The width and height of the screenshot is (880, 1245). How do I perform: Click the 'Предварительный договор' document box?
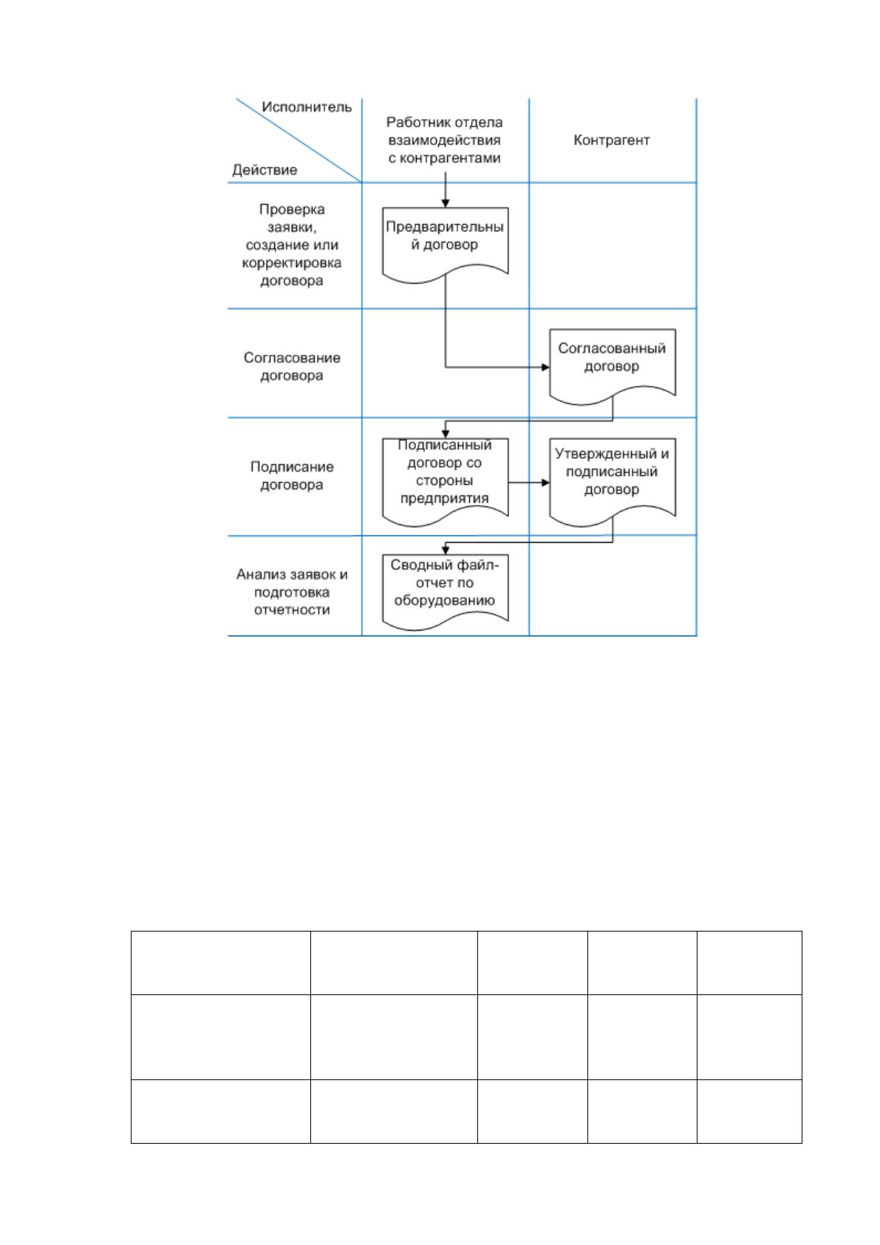click(445, 245)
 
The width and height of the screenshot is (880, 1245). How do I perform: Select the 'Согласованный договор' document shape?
click(613, 366)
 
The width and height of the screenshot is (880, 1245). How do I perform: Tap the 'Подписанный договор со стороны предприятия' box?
click(445, 482)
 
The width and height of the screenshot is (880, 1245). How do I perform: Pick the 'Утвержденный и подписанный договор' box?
click(613, 482)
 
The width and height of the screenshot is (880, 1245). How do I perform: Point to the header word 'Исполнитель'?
click(307, 106)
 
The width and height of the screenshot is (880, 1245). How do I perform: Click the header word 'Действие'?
click(265, 169)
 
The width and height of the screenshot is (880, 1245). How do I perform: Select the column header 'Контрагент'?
click(611, 140)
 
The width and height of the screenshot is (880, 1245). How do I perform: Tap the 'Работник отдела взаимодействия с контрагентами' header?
click(445, 140)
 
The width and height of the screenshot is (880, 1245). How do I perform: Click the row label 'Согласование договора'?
click(292, 366)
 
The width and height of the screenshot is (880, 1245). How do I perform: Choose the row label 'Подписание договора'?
click(292, 475)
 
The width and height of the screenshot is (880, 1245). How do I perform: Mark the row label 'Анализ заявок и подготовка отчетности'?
click(292, 591)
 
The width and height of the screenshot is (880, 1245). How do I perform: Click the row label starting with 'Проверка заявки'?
click(292, 245)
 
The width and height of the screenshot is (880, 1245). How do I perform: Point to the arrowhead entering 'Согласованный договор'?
click(545, 367)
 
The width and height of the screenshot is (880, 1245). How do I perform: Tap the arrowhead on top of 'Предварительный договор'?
click(445, 203)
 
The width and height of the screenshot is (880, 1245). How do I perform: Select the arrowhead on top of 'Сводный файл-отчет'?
click(445, 550)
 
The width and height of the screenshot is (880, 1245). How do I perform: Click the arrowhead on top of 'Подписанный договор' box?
click(445, 434)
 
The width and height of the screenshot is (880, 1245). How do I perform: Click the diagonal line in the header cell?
click(299, 140)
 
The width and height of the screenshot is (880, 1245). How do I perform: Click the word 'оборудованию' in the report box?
click(445, 601)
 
